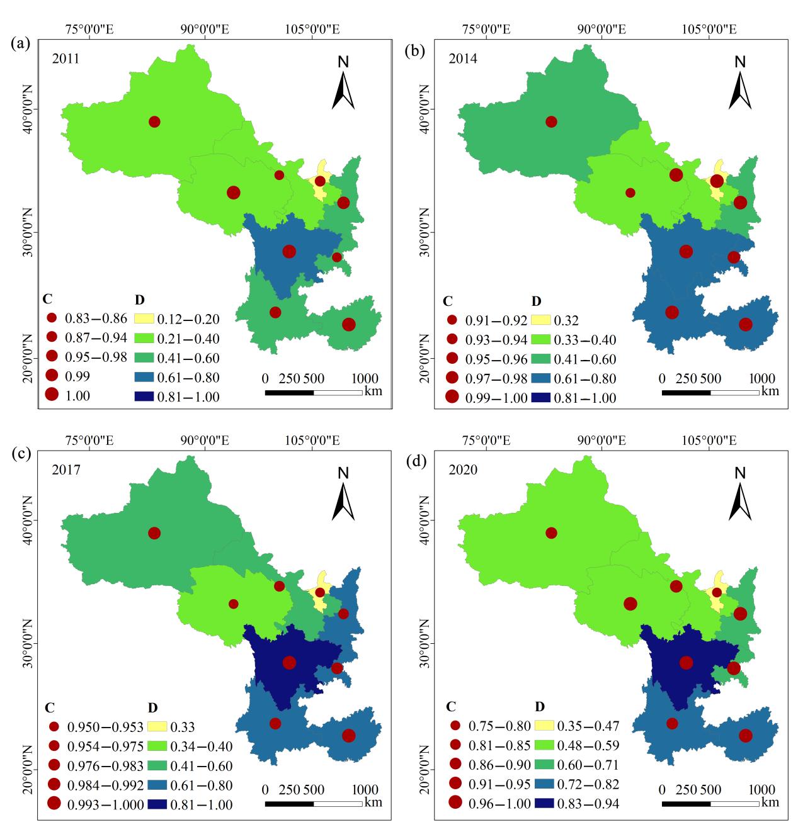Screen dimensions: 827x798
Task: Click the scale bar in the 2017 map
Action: (313, 804)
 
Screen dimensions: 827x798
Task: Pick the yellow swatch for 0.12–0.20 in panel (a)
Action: (148, 320)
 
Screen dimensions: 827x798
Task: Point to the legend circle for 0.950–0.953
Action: (53, 726)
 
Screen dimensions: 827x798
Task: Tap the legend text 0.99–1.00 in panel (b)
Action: (496, 398)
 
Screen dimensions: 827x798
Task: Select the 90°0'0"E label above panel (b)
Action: (601, 30)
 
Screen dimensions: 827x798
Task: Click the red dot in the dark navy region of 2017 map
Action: (289, 662)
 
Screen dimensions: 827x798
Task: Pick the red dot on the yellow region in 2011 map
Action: (320, 181)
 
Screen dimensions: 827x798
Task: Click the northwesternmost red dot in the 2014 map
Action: (551, 121)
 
